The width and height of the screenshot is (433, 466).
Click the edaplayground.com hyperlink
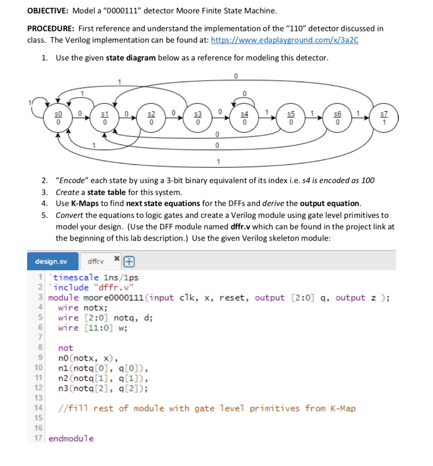click(x=285, y=40)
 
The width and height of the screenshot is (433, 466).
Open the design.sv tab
click(x=51, y=262)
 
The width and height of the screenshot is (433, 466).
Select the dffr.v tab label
click(x=96, y=262)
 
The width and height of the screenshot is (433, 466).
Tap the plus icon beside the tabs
click(x=129, y=262)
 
